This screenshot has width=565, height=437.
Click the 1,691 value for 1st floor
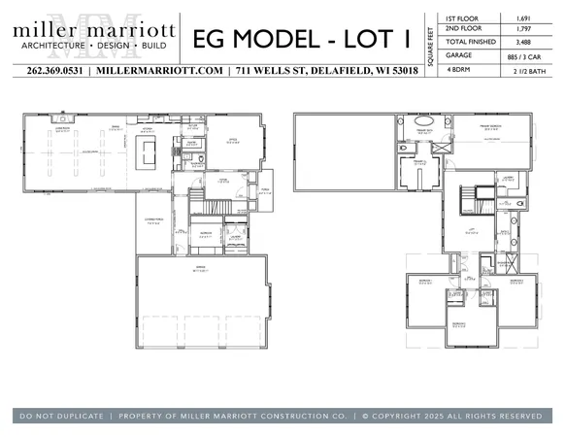[522, 17]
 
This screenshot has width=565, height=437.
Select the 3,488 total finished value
[522, 43]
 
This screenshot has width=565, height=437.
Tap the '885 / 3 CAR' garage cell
[522, 56]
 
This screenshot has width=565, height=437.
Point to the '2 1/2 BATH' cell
[522, 70]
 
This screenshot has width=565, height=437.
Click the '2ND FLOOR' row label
[462, 30]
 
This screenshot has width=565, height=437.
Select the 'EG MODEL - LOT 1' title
[300, 39]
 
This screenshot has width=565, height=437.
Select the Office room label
[234, 139]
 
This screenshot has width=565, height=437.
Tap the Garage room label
[201, 270]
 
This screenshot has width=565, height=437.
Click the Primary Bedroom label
[495, 127]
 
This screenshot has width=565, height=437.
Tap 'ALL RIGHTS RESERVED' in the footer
[495, 416]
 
